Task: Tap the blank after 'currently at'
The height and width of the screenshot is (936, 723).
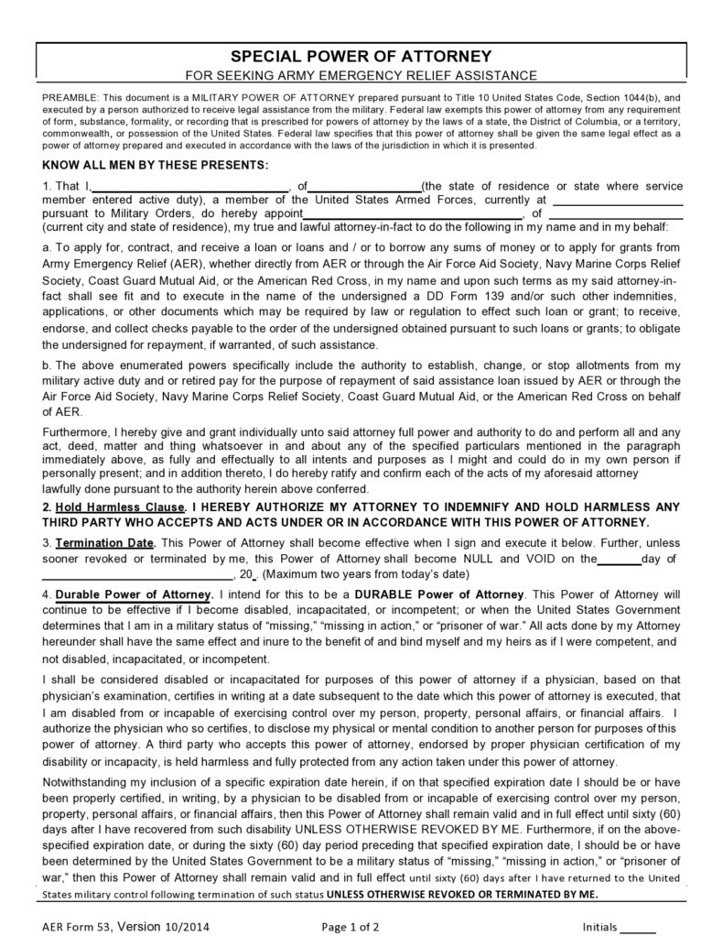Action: point(619,200)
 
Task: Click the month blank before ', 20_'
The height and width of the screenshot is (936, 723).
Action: point(137,574)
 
